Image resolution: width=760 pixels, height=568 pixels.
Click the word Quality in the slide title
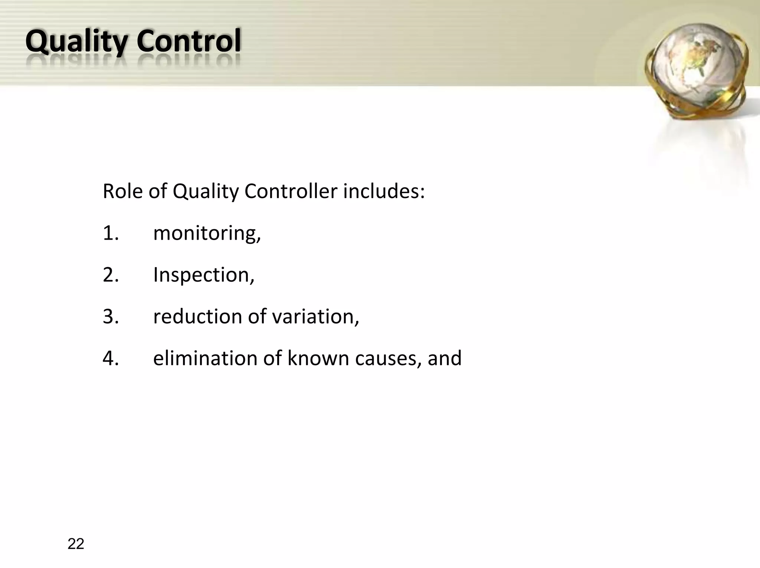point(76,42)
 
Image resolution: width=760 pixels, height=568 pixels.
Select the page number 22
point(76,544)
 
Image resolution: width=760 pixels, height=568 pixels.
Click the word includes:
point(384,191)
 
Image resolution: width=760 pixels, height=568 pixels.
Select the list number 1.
point(110,233)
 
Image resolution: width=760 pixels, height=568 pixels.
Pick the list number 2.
point(110,275)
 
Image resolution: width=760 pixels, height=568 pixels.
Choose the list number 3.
point(110,317)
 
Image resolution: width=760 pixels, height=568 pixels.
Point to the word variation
point(315,317)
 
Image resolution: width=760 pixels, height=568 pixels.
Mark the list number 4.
point(110,358)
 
